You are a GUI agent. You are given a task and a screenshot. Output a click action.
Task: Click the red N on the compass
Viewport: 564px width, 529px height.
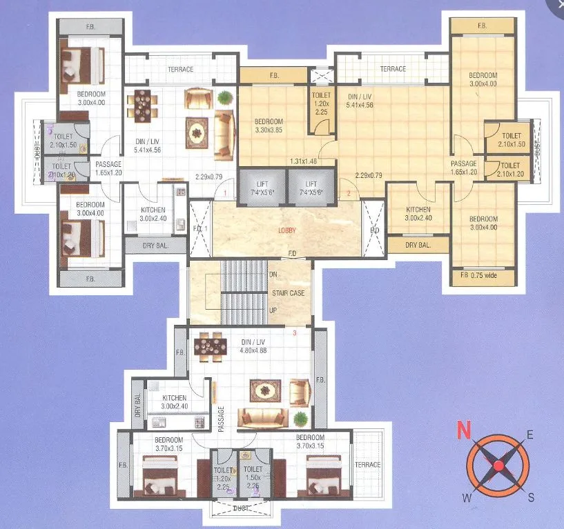(x=463, y=432)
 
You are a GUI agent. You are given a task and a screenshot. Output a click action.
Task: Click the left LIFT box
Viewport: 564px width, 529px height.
(x=264, y=187)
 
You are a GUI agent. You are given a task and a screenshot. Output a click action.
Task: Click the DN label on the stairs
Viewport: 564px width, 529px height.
(x=273, y=274)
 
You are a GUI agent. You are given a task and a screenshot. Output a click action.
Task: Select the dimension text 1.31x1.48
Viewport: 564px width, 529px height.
(x=303, y=161)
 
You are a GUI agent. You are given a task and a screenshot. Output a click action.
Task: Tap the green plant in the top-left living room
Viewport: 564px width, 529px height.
(x=223, y=98)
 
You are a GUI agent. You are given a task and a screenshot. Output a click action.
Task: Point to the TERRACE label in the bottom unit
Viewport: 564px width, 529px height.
(x=368, y=465)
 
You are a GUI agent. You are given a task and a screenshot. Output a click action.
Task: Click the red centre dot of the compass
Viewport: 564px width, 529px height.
(x=497, y=466)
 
